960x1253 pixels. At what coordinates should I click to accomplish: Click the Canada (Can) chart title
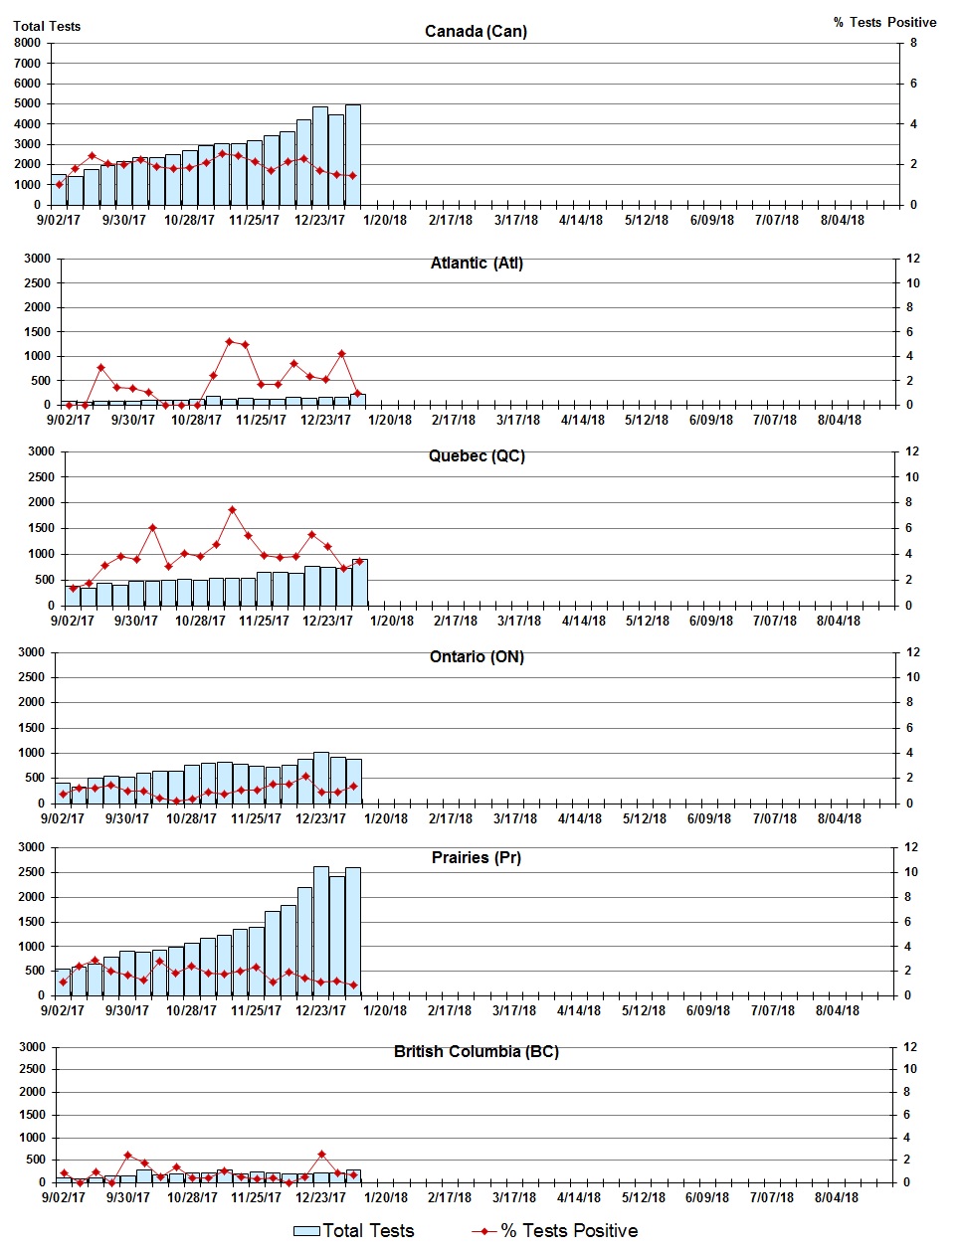pos(476,32)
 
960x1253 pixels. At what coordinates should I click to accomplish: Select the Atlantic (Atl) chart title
pos(477,264)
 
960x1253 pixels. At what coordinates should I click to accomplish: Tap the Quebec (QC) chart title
pos(477,456)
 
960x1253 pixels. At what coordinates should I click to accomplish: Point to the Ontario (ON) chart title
pos(477,657)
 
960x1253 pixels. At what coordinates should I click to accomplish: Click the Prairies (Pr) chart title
pos(477,858)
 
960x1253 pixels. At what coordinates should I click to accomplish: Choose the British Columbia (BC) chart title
pos(477,1052)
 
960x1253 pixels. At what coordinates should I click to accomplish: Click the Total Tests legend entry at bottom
pos(354,1231)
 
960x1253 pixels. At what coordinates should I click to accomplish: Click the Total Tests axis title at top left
pos(47,26)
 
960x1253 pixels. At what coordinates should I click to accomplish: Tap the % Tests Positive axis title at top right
pos(884,22)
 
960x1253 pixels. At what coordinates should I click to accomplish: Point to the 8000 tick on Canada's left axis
pos(28,43)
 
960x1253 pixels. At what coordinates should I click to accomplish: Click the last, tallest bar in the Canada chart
pos(353,154)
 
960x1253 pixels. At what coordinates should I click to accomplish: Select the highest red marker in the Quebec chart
pos(232,510)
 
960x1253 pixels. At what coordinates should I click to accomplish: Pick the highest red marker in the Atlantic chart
pos(229,342)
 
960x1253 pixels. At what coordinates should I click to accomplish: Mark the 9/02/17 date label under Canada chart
pos(59,221)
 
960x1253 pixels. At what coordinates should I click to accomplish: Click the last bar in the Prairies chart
pos(353,931)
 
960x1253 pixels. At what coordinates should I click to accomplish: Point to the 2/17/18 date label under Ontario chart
pos(451,819)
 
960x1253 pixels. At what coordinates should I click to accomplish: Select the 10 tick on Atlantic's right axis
pos(911,283)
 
